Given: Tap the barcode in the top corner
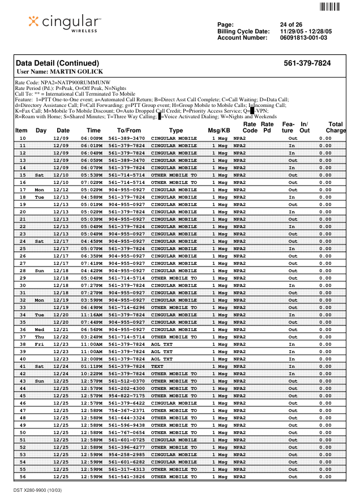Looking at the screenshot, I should click(x=330, y=7).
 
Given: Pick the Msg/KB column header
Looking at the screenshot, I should click(x=218, y=131).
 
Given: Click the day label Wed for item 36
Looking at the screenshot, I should click(x=39, y=329).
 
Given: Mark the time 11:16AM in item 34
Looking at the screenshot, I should click(x=91, y=315).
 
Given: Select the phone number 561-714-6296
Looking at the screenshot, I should click(x=127, y=307).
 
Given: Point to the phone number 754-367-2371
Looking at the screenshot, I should click(x=127, y=410).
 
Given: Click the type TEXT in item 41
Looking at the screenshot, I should click(x=157, y=366).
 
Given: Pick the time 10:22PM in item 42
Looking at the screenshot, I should click(x=91, y=373).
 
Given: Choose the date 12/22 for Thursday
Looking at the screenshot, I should click(x=61, y=337).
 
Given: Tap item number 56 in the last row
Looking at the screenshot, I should click(x=23, y=476).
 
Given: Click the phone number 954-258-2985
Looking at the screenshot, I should click(x=127, y=454).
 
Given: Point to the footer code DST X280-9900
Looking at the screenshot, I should click(x=38, y=489).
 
